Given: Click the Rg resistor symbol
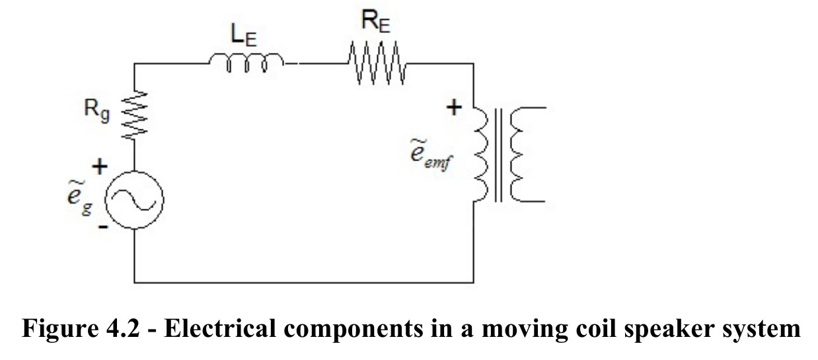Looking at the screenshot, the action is (x=134, y=115).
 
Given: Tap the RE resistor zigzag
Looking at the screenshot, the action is (x=377, y=63).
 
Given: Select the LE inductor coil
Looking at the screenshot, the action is (x=246, y=63).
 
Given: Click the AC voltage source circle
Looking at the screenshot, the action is (x=134, y=200).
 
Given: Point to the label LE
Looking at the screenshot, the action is (x=244, y=36).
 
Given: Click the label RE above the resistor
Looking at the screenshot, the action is (x=376, y=21).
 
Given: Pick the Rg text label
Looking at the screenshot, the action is (x=96, y=110).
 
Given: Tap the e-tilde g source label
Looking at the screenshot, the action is (x=79, y=198).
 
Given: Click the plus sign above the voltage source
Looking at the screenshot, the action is (x=100, y=167).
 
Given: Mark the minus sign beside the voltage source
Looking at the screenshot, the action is (x=104, y=227).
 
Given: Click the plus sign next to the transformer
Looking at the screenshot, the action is (x=454, y=108).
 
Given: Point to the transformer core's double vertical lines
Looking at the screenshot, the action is (x=498, y=155).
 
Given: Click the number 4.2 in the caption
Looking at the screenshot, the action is (x=123, y=328).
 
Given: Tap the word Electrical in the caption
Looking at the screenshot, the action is (x=220, y=328).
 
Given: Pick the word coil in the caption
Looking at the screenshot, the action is (x=596, y=328).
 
